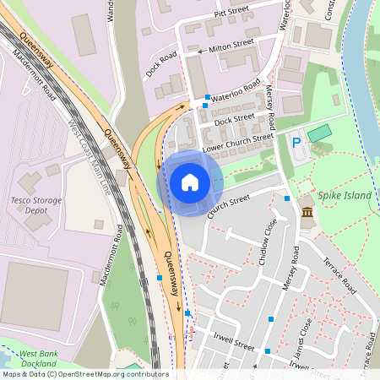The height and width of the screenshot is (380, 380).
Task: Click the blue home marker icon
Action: coord(190,182)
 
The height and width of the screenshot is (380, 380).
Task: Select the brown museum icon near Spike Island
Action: coord(307,213)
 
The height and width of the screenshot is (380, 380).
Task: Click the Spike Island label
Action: coord(345,196)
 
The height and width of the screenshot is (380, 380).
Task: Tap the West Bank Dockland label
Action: coord(38,358)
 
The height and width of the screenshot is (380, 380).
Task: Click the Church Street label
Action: coord(229,205)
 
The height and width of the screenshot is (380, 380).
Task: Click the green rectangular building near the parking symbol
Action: coord(319,133)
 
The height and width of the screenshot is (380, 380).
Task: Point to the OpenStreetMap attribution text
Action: coord(84,374)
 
